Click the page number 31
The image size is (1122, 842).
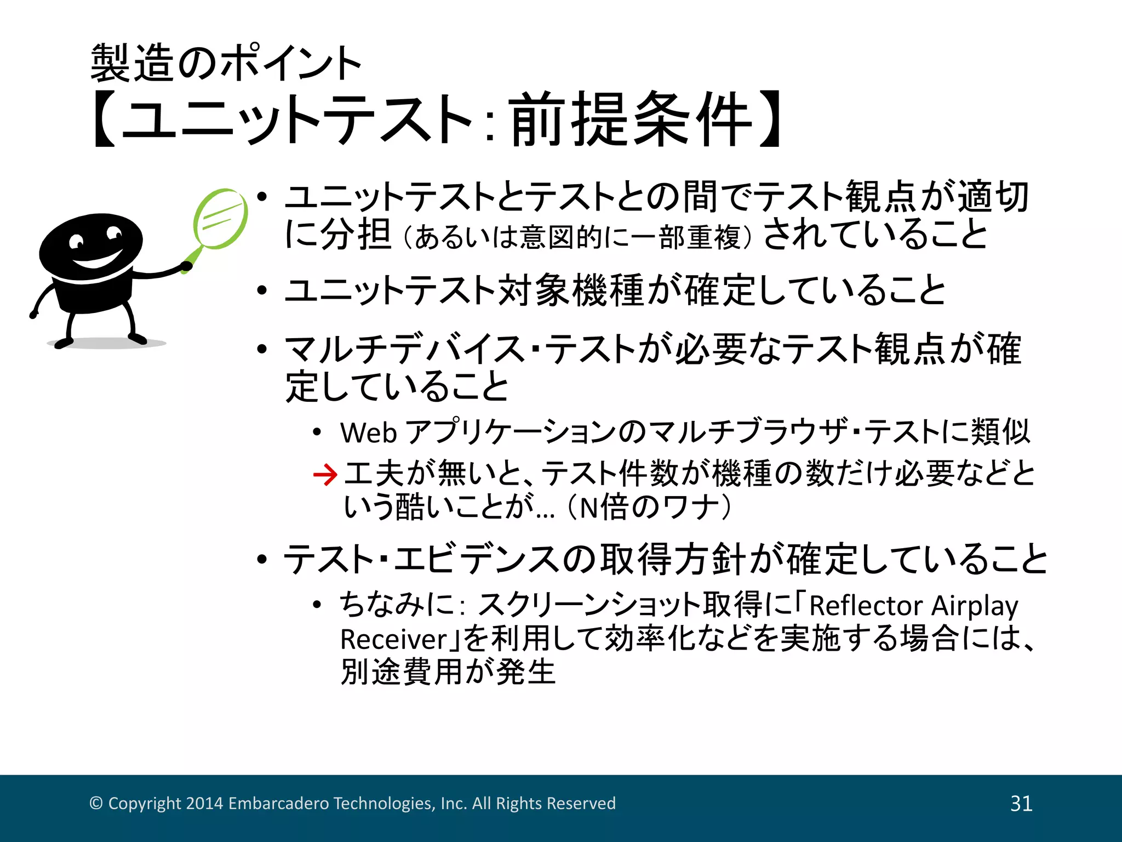coord(1021,804)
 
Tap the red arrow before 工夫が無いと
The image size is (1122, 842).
coord(325,474)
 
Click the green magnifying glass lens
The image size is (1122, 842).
coord(220,219)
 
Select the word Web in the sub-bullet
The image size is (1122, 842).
coord(368,433)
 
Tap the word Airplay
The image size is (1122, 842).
coord(975,606)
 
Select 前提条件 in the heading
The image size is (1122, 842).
coord(631,120)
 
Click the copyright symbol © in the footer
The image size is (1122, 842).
coord(96,804)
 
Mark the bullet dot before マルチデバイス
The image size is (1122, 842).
coord(262,349)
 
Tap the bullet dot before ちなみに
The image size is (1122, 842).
coord(317,605)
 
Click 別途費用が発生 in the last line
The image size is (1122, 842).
coord(448,672)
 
